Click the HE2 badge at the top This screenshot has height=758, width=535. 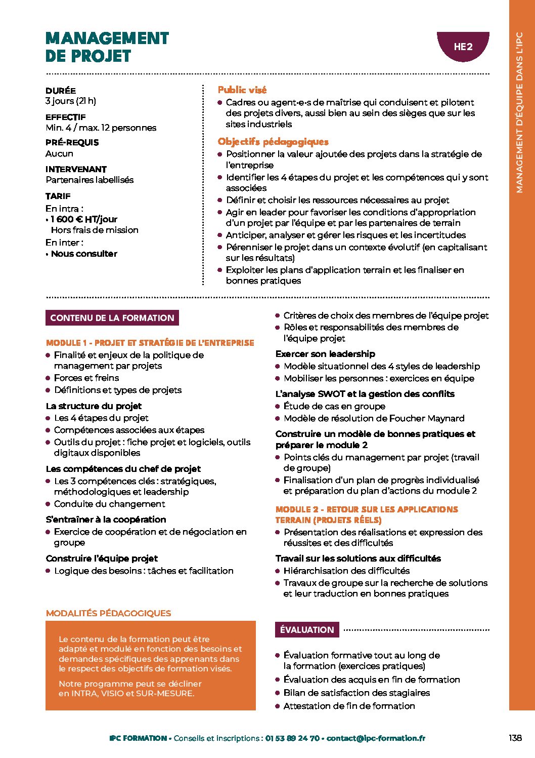pos(463,47)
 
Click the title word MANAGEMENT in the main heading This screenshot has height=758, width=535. pos(107,38)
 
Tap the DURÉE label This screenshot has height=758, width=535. pos(61,91)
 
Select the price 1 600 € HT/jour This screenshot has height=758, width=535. pos(84,219)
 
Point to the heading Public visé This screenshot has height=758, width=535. pos(242,90)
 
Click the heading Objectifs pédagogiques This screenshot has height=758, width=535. pos(273,142)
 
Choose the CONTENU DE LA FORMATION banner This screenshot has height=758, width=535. pos(112,318)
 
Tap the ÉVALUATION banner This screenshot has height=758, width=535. pos(307,630)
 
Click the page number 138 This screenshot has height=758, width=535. pos(515,738)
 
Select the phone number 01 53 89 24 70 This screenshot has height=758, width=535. pos(292,738)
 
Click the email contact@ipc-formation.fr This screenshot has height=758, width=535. pos(376,738)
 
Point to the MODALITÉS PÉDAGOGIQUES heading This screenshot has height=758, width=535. pos(108,613)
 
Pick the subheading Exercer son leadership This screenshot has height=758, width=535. pos(325,353)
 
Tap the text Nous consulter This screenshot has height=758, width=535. pos(84,254)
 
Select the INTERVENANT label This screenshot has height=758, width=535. pos(76,169)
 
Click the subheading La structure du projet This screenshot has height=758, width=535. pos(94,406)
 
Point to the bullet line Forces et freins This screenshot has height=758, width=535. pos(86,378)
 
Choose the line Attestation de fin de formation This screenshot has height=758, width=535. pos(349,706)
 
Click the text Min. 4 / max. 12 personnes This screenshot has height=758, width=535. pos(101,128)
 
